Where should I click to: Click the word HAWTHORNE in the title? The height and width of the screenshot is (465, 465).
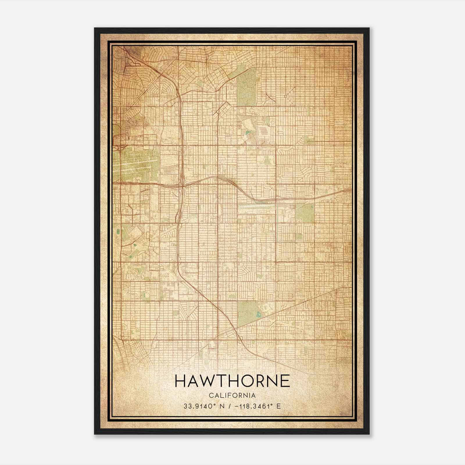point(233,381)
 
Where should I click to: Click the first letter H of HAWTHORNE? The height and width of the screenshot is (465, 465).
point(181,381)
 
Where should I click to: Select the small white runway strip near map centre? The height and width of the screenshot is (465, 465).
point(256,208)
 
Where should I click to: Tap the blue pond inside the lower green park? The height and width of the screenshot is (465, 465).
point(258,314)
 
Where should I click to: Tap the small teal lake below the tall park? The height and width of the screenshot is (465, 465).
point(247,133)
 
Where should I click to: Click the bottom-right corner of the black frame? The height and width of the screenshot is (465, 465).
point(369,434)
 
